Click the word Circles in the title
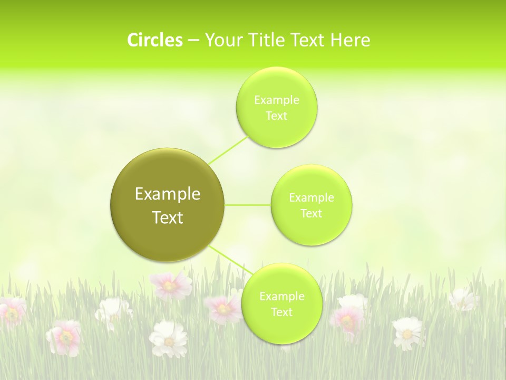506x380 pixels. (154, 40)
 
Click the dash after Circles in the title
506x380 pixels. (193, 41)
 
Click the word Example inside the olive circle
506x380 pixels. (168, 194)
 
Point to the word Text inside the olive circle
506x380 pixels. (168, 217)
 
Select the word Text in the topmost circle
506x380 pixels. (277, 116)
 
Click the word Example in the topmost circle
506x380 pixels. (277, 100)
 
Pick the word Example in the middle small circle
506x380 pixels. (312, 198)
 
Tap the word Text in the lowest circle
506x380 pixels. (281, 312)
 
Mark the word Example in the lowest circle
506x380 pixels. (281, 297)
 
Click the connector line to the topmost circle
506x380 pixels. (228, 150)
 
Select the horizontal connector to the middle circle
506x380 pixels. (247, 204)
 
